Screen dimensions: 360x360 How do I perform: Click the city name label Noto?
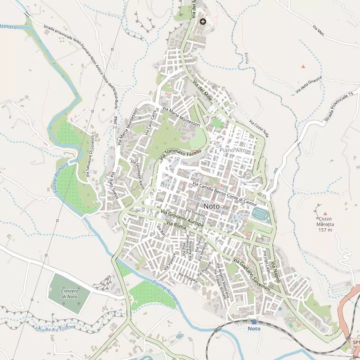pyautogui.click(x=211, y=206)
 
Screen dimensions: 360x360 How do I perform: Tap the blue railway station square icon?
pyautogui.click(x=254, y=322)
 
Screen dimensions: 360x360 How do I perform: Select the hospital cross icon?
pyautogui.click(x=203, y=21)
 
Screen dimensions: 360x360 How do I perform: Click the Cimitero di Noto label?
pyautogui.click(x=69, y=294)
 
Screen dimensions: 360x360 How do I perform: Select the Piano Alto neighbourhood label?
pyautogui.click(x=233, y=150)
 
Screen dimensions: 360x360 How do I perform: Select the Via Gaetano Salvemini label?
pyautogui.click(x=252, y=275)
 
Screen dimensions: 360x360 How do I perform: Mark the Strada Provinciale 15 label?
pyautogui.click(x=338, y=108)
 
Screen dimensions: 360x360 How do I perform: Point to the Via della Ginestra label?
pyautogui.click(x=308, y=83)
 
